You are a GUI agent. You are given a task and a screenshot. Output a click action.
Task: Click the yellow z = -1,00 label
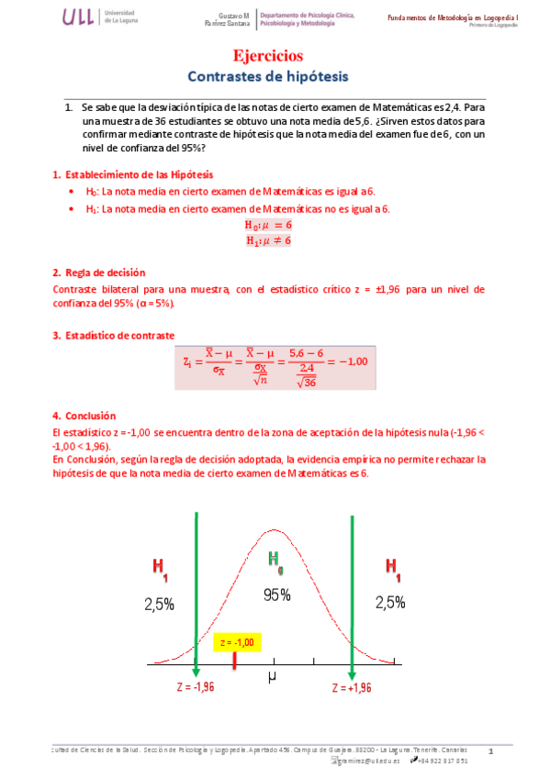(236, 641)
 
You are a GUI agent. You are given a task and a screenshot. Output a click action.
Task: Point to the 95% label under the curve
(276, 595)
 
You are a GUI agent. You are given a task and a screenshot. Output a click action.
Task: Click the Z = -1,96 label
(196, 686)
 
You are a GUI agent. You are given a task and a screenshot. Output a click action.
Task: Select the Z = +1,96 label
(354, 686)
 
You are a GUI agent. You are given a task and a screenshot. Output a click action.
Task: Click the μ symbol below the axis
(273, 677)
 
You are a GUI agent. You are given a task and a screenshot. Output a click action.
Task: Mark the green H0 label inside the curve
(275, 560)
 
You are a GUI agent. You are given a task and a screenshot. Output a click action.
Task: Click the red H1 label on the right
(392, 569)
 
